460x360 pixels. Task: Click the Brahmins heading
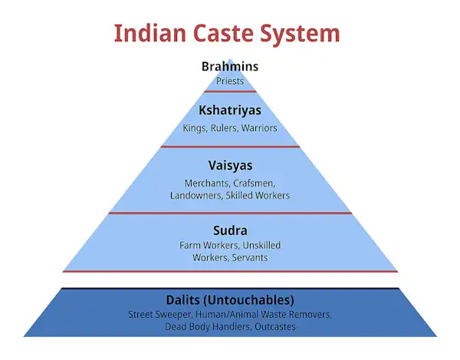(230, 67)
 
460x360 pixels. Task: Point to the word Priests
(230, 80)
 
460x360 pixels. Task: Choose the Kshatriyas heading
(230, 110)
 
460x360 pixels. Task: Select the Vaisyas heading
(230, 165)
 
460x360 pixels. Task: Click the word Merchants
(207, 183)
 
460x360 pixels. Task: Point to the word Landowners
(198, 195)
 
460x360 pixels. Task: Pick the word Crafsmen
(254, 183)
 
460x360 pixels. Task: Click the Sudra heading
(230, 229)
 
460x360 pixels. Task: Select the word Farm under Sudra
(190, 245)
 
